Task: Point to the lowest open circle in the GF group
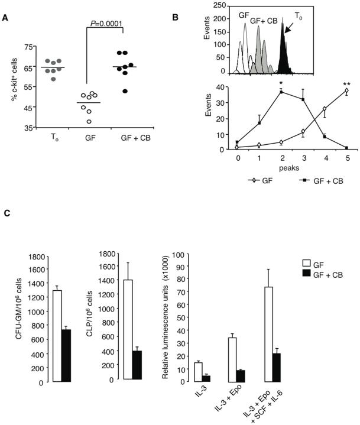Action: (89, 121)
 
